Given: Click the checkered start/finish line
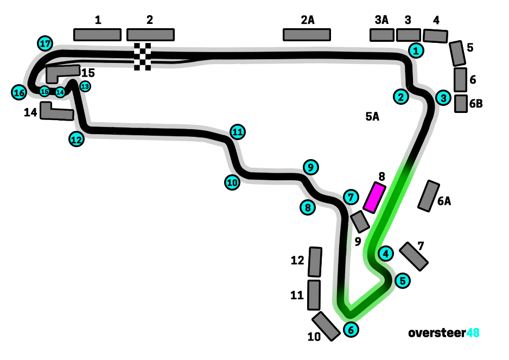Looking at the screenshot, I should [x=143, y=56].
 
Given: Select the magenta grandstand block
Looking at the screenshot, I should [x=374, y=198].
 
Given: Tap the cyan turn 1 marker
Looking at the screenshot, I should [x=416, y=50].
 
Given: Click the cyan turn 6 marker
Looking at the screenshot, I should [x=351, y=329].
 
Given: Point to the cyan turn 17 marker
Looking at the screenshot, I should [x=45, y=43].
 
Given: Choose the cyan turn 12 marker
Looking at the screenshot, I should [x=77, y=139].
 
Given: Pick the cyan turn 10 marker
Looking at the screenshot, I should [x=232, y=182].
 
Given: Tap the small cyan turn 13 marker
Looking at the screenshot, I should [x=85, y=86].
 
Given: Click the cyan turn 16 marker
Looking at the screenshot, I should [x=19, y=93].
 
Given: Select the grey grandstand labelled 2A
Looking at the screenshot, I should [x=307, y=35].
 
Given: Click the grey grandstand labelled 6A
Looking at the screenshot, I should [x=429, y=195].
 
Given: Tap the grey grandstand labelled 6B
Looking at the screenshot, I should [x=461, y=103].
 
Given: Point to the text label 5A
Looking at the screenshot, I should [x=372, y=116].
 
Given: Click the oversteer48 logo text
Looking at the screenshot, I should [x=444, y=332].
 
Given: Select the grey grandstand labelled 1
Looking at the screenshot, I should [x=97, y=35].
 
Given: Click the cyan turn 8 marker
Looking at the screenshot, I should [x=308, y=207].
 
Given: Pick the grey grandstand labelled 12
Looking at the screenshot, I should [x=315, y=262].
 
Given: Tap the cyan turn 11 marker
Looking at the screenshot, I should [x=237, y=131].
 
